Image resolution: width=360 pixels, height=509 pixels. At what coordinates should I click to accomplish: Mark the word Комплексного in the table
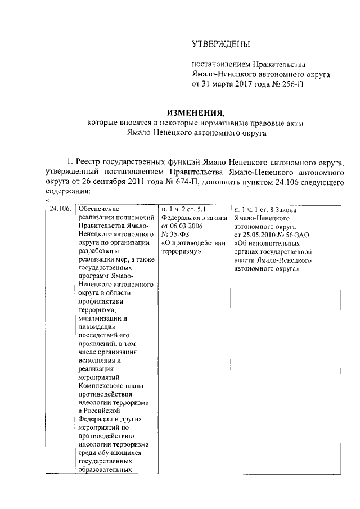point(103,385)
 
